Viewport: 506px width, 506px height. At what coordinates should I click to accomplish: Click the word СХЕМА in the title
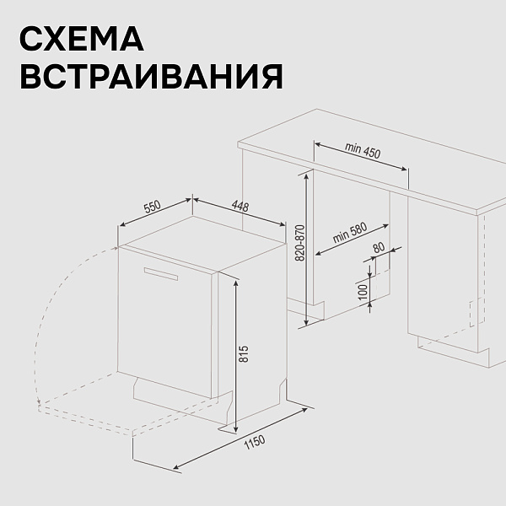tap(82, 39)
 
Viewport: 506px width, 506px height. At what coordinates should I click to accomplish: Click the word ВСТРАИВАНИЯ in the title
tap(151, 76)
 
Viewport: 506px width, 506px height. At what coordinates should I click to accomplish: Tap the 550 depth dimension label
tap(153, 207)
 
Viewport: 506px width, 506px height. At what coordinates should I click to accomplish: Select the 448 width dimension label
tap(240, 207)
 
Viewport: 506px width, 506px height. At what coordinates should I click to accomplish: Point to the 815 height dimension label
tap(245, 353)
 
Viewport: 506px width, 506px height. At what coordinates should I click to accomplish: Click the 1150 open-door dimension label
tap(255, 442)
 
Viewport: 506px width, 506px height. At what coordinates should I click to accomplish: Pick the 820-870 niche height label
tap(299, 243)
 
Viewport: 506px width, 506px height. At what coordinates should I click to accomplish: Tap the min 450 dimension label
tap(363, 150)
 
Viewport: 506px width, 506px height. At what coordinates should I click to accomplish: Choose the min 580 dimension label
tap(350, 233)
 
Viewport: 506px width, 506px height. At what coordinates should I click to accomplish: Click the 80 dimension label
tap(379, 247)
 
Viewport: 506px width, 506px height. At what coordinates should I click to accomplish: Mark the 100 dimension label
tap(363, 292)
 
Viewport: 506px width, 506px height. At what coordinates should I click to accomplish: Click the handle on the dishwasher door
tap(161, 273)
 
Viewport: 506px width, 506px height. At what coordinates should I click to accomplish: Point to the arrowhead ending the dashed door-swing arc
tap(39, 401)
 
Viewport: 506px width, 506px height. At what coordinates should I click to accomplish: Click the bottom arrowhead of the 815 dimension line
tap(236, 429)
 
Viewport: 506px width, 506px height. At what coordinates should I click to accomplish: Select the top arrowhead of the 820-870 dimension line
tap(306, 175)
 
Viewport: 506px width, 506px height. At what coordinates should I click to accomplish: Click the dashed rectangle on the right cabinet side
tap(477, 313)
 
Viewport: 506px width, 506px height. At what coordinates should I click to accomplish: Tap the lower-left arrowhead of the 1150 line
tap(177, 466)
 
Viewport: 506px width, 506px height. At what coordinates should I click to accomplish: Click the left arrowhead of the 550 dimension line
tap(123, 225)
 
